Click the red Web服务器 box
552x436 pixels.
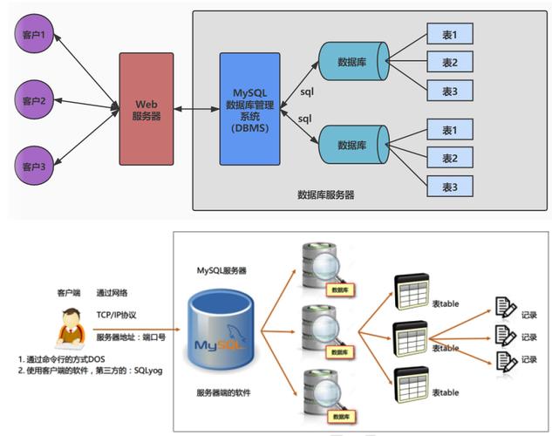click(x=147, y=109)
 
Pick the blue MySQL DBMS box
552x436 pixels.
click(x=249, y=109)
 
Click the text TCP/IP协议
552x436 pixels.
click(x=117, y=315)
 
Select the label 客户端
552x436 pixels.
click(x=69, y=293)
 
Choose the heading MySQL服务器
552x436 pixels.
click(x=221, y=272)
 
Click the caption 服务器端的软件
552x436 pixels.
click(x=224, y=394)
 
